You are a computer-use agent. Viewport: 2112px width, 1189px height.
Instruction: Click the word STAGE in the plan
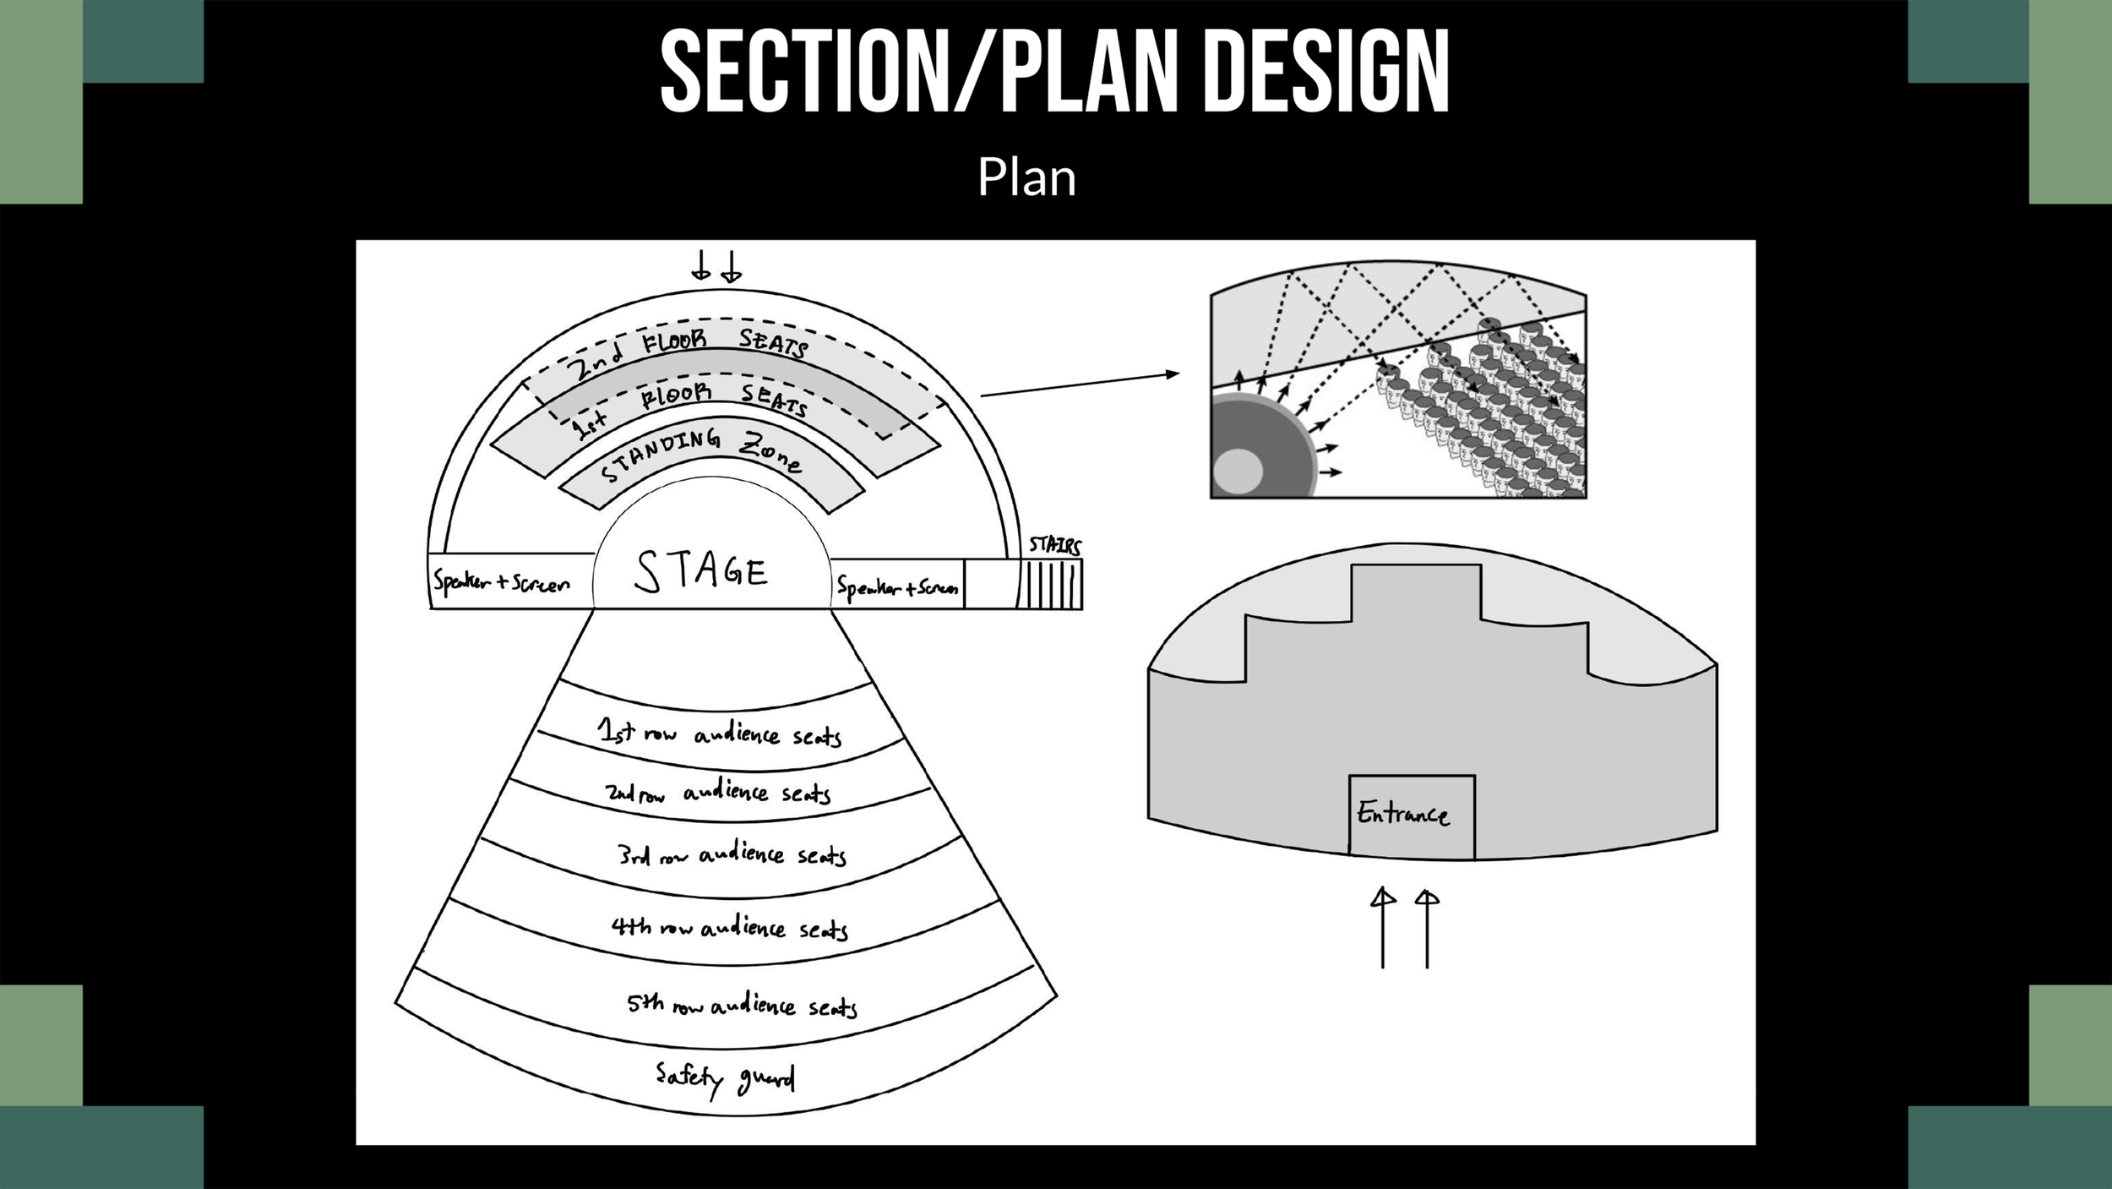(701, 571)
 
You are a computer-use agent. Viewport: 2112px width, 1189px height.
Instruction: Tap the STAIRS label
(1054, 545)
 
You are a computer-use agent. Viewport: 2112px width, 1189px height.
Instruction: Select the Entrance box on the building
(1411, 815)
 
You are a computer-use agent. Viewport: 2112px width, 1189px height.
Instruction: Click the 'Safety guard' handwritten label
(725, 1079)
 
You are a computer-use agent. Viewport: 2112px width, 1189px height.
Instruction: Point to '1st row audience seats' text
(719, 734)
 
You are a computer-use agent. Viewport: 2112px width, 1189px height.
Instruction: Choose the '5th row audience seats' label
(742, 1005)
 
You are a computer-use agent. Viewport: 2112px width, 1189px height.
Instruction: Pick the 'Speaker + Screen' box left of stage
(502, 582)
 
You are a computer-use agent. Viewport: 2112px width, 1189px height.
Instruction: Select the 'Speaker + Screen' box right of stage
(897, 586)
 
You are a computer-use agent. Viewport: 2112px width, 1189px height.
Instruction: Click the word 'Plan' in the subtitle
(1026, 177)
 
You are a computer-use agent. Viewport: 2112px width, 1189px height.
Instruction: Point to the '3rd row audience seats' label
(732, 855)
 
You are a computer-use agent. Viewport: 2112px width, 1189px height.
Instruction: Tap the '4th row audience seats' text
(729, 928)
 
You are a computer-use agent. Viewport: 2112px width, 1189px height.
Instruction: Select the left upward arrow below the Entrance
(1383, 928)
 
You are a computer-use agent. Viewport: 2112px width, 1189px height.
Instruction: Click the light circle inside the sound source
(1238, 471)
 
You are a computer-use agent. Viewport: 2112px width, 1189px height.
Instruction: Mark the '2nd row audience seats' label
(717, 793)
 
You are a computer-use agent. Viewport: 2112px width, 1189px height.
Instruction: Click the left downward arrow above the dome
(700, 265)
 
